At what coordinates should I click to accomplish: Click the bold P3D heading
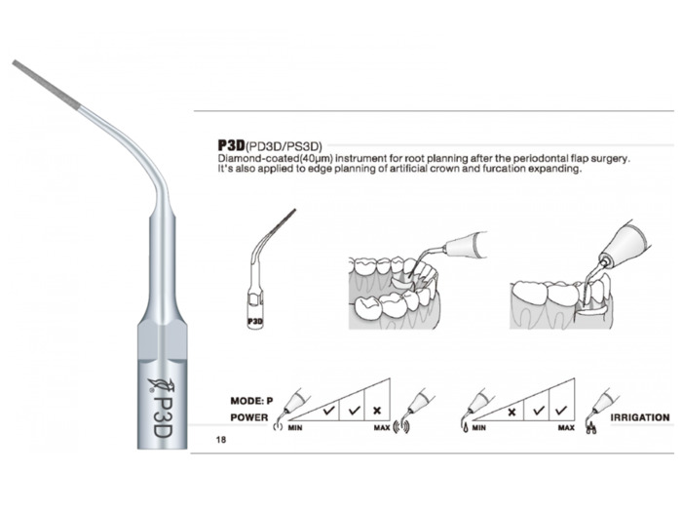pyautogui.click(x=232, y=145)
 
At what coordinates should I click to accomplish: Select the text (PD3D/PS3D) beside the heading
pyautogui.click(x=284, y=145)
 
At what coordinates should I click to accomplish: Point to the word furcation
pyautogui.click(x=504, y=169)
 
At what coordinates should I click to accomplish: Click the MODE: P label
pyautogui.click(x=251, y=401)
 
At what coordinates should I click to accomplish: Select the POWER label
pyautogui.click(x=249, y=417)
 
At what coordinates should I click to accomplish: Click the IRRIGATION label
pyautogui.click(x=640, y=417)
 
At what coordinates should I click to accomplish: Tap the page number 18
pyautogui.click(x=221, y=440)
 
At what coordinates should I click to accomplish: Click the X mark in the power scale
pyautogui.click(x=377, y=411)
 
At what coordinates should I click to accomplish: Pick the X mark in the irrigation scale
pyautogui.click(x=511, y=412)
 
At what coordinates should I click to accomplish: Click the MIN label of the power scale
pyautogui.click(x=295, y=427)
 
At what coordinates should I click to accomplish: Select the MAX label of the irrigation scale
pyautogui.click(x=566, y=427)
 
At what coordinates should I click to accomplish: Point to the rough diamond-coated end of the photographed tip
pyautogui.click(x=47, y=84)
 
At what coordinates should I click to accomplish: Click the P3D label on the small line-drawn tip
pyautogui.click(x=255, y=322)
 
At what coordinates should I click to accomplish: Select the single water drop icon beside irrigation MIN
pyautogui.click(x=466, y=428)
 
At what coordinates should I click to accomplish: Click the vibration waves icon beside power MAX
pyautogui.click(x=401, y=427)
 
